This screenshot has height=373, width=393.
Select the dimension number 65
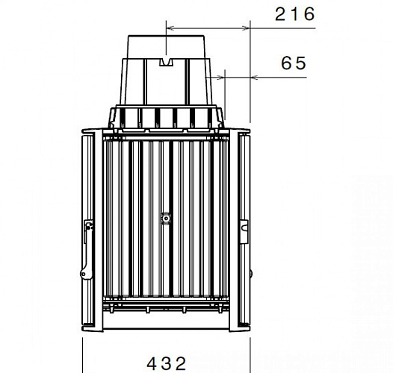click(x=294, y=63)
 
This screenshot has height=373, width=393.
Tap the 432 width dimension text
click(x=166, y=363)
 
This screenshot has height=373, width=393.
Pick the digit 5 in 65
click(x=300, y=63)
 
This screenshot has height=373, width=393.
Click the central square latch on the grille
click(x=166, y=219)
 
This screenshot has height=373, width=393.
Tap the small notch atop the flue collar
click(x=167, y=57)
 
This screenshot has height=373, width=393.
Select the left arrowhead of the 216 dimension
click(x=169, y=28)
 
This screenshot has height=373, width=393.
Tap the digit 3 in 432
click(x=166, y=363)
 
